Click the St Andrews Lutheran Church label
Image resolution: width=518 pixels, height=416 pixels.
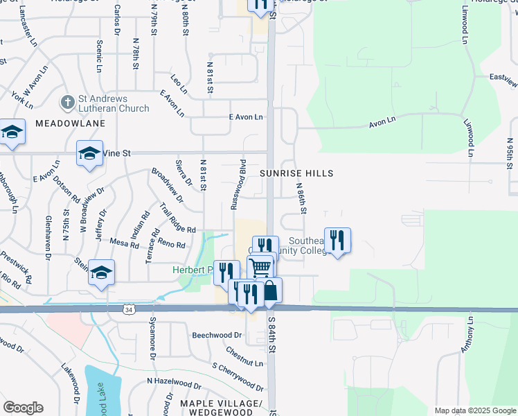point(113,103)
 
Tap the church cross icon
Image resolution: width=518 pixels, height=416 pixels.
point(66,103)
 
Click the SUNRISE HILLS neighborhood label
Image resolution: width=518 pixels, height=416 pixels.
point(297,173)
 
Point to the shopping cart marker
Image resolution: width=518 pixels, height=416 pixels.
point(260,267)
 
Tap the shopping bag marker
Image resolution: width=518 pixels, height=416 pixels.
point(269,290)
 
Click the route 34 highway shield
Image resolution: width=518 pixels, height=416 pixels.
point(129,308)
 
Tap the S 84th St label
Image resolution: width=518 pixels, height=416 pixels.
point(272,333)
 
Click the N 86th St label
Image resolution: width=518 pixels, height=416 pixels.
point(301,198)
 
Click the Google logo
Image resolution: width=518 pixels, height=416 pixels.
point(23,408)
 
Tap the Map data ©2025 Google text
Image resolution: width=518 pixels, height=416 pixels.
point(475,410)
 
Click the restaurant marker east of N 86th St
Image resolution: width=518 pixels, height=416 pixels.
point(337,240)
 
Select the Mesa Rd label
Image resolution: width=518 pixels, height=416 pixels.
point(125,243)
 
